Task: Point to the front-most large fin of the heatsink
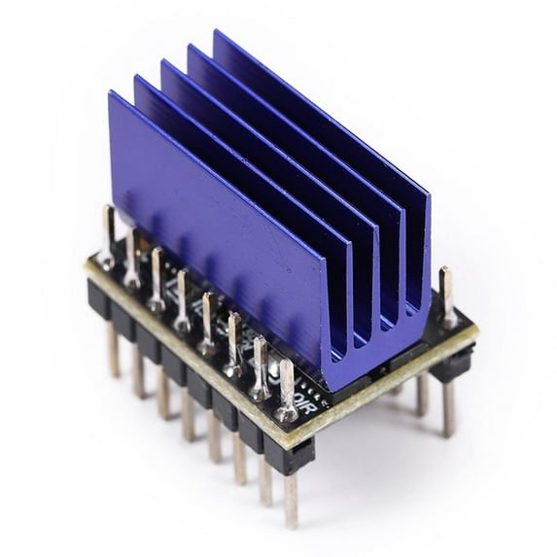coord(214,214)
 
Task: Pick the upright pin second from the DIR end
coord(260,365)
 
